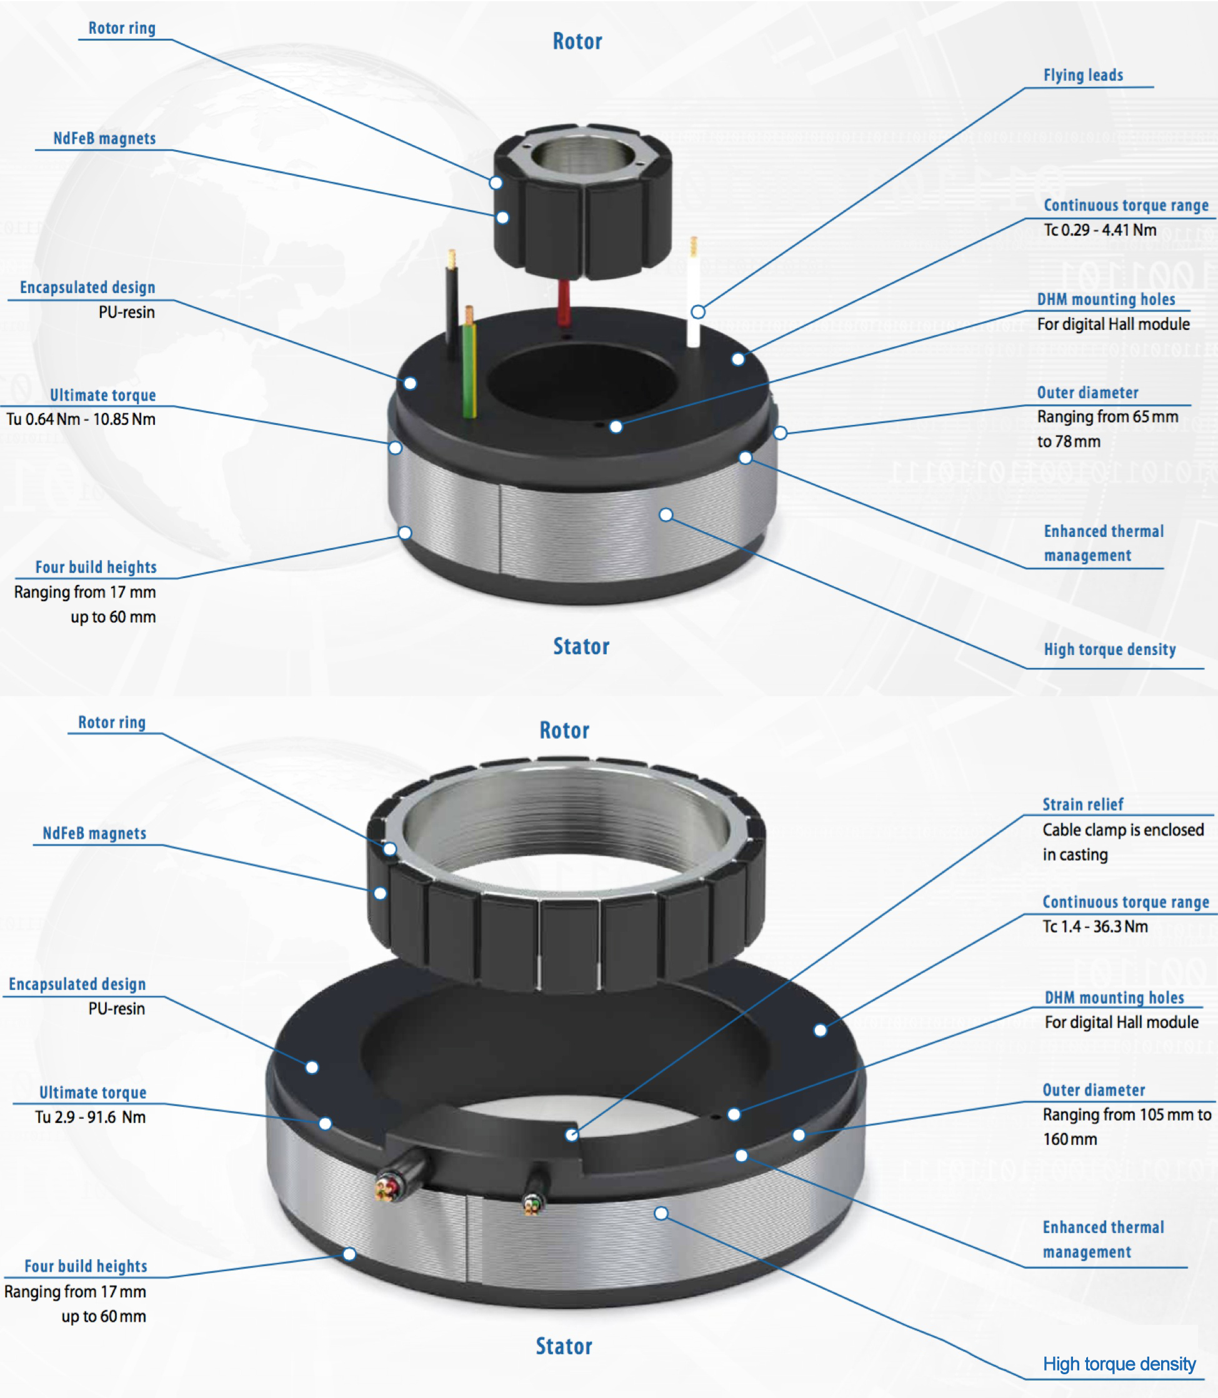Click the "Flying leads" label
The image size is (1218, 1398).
pyautogui.click(x=1083, y=75)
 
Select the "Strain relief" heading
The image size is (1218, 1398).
pyautogui.click(x=1083, y=804)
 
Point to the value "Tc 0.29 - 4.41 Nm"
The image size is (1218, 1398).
pyautogui.click(x=1100, y=230)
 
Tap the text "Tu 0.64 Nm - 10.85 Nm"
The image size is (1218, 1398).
pyautogui.click(x=81, y=419)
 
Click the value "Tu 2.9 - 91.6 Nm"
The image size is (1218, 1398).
pyautogui.click(x=91, y=1117)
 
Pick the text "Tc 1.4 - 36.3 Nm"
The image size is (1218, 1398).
pyautogui.click(x=1095, y=926)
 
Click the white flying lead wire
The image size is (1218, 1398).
pyautogui.click(x=693, y=292)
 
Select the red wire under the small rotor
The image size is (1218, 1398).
pyautogui.click(x=564, y=302)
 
